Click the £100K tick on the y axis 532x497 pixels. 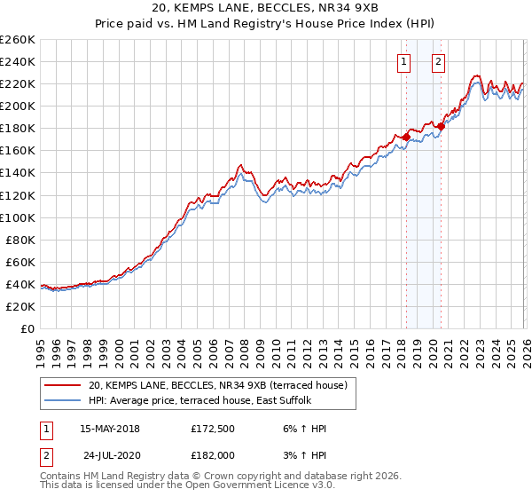pyautogui.click(x=18, y=217)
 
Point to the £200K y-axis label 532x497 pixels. pyautogui.click(x=18, y=106)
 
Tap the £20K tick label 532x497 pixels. pyautogui.click(x=20, y=306)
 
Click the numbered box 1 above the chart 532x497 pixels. pyautogui.click(x=404, y=62)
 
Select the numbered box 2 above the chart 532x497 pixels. pyautogui.click(x=439, y=62)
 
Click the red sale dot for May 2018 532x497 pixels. pyautogui.click(x=406, y=137)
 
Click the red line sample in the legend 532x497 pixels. pyautogui.click(x=64, y=385)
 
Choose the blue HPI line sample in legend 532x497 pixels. pyautogui.click(x=64, y=400)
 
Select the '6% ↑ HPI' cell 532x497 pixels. pyautogui.click(x=302, y=429)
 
